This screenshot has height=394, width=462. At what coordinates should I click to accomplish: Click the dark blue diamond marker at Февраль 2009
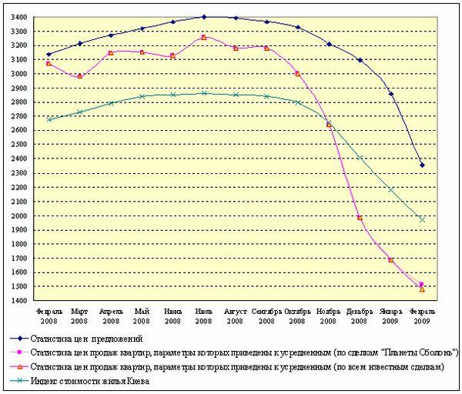tap(422, 165)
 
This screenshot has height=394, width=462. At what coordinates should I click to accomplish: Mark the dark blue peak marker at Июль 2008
tap(203, 17)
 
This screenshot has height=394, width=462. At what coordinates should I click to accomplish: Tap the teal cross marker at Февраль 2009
tap(422, 219)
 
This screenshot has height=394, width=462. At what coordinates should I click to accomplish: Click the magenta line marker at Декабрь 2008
tap(360, 217)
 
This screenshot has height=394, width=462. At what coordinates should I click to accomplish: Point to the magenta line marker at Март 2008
tap(79, 75)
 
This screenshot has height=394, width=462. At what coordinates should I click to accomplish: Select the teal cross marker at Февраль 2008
tap(49, 119)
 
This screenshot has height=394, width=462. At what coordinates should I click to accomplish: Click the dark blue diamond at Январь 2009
tap(391, 94)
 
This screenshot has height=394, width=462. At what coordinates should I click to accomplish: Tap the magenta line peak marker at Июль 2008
tap(203, 37)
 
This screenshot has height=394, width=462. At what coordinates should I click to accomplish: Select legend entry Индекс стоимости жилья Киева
tap(89, 381)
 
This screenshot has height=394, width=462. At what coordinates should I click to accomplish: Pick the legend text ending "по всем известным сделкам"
tap(377, 366)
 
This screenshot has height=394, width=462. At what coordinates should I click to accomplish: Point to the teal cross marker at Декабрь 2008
tap(360, 158)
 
